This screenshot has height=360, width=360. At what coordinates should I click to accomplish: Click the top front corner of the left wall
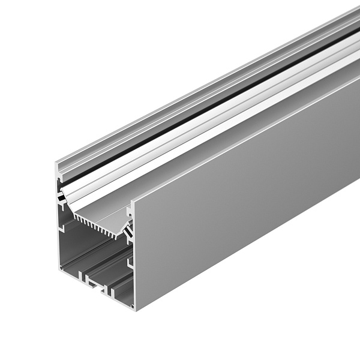(58, 163)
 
